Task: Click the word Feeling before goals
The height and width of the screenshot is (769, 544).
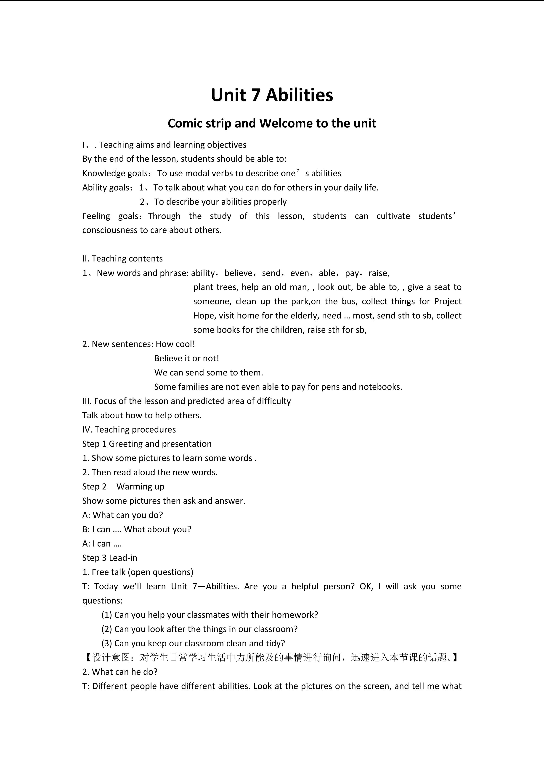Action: click(96, 216)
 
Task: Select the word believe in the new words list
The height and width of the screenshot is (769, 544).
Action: click(238, 273)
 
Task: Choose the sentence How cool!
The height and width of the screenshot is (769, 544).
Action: click(175, 344)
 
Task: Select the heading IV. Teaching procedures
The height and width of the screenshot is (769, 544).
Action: click(129, 429)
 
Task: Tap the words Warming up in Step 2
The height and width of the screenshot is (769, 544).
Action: click(140, 487)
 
